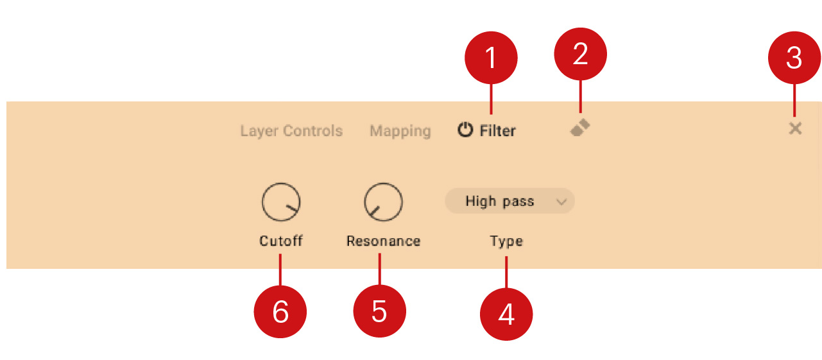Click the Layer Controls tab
point(291,131)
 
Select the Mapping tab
point(400,131)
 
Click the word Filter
point(497,131)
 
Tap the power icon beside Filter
point(465,130)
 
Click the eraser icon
point(580,127)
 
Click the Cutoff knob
point(281,202)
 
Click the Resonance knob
point(383,202)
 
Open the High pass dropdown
point(509,201)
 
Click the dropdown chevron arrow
point(561,202)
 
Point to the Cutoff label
point(281,241)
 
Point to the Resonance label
point(384,241)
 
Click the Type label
point(506,241)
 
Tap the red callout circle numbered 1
point(491,58)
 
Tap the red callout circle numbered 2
point(581,54)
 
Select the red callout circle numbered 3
point(794,58)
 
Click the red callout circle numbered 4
point(506,314)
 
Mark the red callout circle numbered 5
point(380,311)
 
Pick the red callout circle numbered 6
point(280,312)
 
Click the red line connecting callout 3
point(794,100)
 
